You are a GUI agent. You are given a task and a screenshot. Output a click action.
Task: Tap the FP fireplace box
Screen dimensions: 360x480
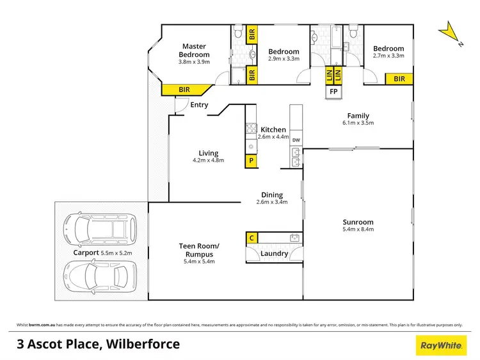click(x=333, y=91)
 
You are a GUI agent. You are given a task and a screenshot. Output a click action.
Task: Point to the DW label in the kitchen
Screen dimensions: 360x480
click(x=296, y=140)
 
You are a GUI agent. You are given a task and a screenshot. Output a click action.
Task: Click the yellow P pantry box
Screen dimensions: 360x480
click(x=252, y=160)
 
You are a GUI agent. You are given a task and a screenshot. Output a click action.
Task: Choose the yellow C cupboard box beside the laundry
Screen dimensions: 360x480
click(x=252, y=238)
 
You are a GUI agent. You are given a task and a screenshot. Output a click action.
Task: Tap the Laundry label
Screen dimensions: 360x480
click(x=274, y=254)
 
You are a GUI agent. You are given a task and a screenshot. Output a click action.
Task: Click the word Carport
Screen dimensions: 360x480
click(x=85, y=253)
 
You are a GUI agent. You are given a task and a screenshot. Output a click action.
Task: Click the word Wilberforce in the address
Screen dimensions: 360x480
click(x=140, y=345)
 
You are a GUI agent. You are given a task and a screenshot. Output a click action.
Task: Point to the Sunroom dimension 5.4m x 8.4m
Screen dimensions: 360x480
click(x=358, y=229)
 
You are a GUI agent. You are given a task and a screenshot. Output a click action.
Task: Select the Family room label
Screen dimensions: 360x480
click(x=358, y=116)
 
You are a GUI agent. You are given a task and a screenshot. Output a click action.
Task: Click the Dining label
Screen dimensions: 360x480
click(x=272, y=195)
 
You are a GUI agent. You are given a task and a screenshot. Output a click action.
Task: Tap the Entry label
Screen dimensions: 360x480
click(x=199, y=105)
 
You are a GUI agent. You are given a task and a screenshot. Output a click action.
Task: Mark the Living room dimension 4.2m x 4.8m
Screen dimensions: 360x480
click(x=208, y=160)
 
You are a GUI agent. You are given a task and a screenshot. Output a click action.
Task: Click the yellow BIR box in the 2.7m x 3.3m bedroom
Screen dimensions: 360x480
click(x=399, y=79)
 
